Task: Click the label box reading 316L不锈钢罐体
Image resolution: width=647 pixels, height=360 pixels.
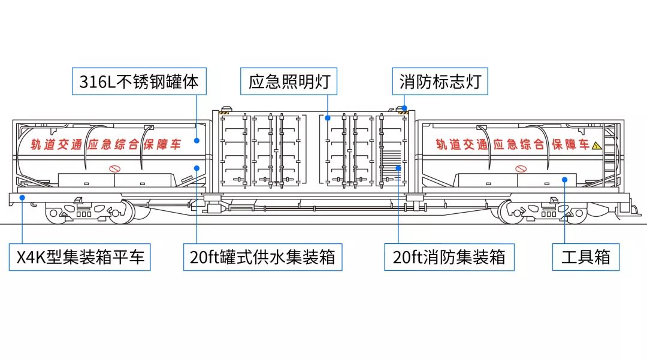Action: coord(139,81)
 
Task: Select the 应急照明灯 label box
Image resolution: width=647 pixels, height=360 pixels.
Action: coord(289,81)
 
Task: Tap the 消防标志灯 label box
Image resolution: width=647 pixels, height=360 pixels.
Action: coord(440,81)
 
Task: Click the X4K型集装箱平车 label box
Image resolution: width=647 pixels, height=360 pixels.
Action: coord(80,258)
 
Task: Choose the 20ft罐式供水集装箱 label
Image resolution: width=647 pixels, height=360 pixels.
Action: coord(262,258)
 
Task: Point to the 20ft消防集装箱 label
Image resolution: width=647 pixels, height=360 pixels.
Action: coord(449,258)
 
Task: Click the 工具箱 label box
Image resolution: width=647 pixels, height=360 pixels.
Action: coord(585,258)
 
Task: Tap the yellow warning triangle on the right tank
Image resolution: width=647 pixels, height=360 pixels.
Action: coord(596,145)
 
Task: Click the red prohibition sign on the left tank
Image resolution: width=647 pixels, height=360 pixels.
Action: coord(114,169)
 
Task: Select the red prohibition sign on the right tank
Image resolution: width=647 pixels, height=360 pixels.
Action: coord(520,169)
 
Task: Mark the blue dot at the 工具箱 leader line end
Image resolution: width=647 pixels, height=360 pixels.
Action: coord(564,179)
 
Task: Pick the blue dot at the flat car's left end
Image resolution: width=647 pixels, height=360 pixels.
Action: coord(22,196)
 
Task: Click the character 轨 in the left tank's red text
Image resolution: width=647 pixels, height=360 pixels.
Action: coord(37,145)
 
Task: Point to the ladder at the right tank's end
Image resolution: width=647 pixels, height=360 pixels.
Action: coord(610,153)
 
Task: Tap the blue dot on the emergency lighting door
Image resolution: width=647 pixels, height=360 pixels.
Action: coord(328,118)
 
